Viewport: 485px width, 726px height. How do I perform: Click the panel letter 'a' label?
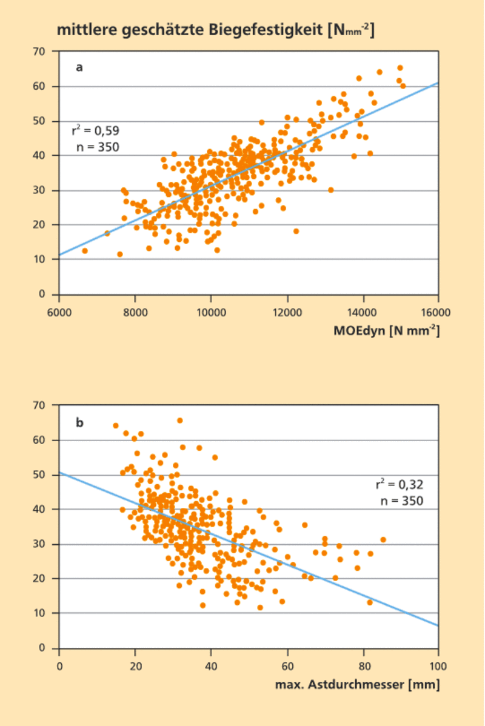pos(79,67)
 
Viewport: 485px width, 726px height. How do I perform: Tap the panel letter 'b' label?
pos(79,422)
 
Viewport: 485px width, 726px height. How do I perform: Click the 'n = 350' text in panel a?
pos(98,147)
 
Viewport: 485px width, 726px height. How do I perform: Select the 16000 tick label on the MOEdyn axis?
pos(438,312)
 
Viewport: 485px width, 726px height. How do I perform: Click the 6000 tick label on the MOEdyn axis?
pos(59,312)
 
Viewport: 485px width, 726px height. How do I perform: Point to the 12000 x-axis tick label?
pos(287,312)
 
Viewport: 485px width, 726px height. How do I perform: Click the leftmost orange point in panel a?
pos(85,251)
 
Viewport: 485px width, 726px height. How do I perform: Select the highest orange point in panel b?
pos(180,421)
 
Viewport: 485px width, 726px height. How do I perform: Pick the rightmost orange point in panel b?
pos(383,539)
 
